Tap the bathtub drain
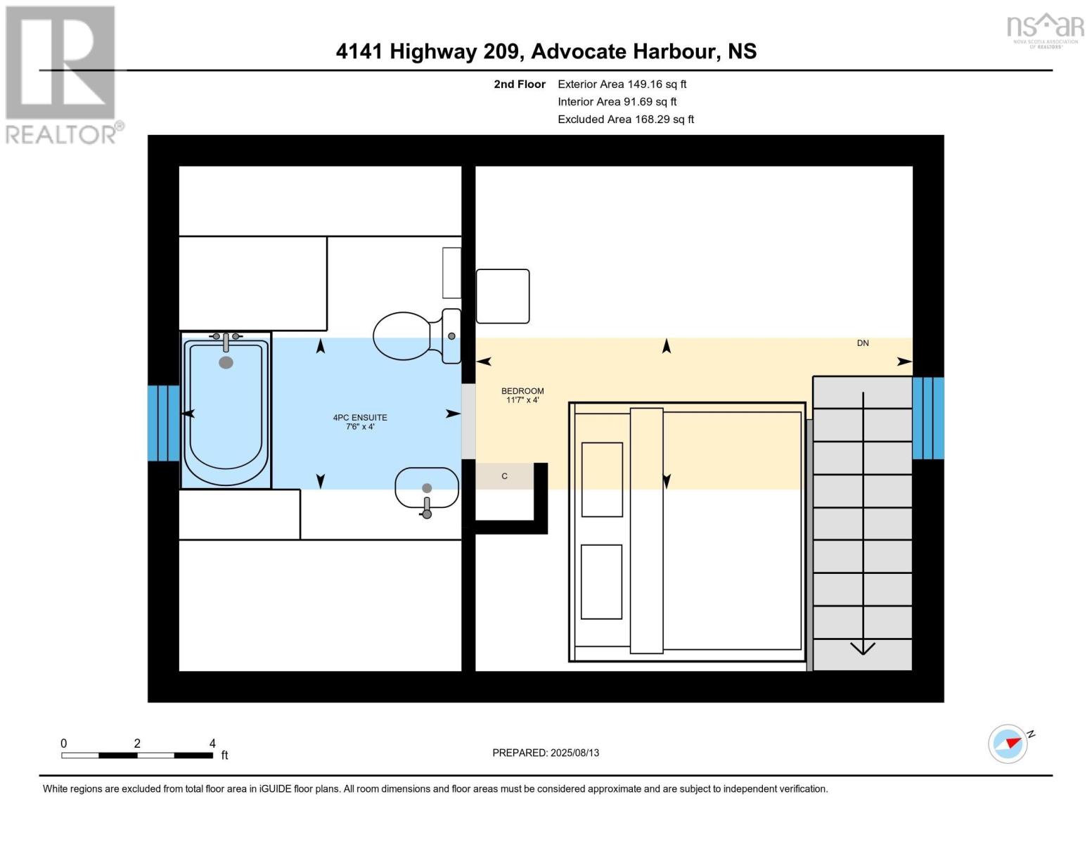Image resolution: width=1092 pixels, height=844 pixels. click(x=226, y=362)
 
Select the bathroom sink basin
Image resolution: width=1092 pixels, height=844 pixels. click(x=426, y=487)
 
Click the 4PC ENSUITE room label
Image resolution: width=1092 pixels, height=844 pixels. click(x=360, y=422)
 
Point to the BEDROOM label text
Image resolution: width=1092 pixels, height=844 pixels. click(x=522, y=391)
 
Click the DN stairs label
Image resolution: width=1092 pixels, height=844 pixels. click(x=863, y=343)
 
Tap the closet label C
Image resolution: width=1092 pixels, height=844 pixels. click(x=504, y=476)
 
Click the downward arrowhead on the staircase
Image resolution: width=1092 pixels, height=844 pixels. click(x=863, y=648)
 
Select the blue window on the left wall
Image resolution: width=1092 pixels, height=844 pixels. click(x=163, y=423)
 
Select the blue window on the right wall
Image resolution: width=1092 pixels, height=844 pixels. click(x=927, y=418)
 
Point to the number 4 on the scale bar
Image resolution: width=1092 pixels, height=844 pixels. click(x=212, y=743)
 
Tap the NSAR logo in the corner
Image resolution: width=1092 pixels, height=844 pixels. click(x=1046, y=28)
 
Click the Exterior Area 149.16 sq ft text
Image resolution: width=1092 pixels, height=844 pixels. click(x=622, y=84)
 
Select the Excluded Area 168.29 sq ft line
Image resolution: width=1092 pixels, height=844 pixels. click(x=625, y=119)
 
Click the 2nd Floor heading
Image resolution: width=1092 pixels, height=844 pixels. click(x=520, y=84)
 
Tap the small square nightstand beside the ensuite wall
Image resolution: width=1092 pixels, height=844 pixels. click(x=503, y=296)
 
